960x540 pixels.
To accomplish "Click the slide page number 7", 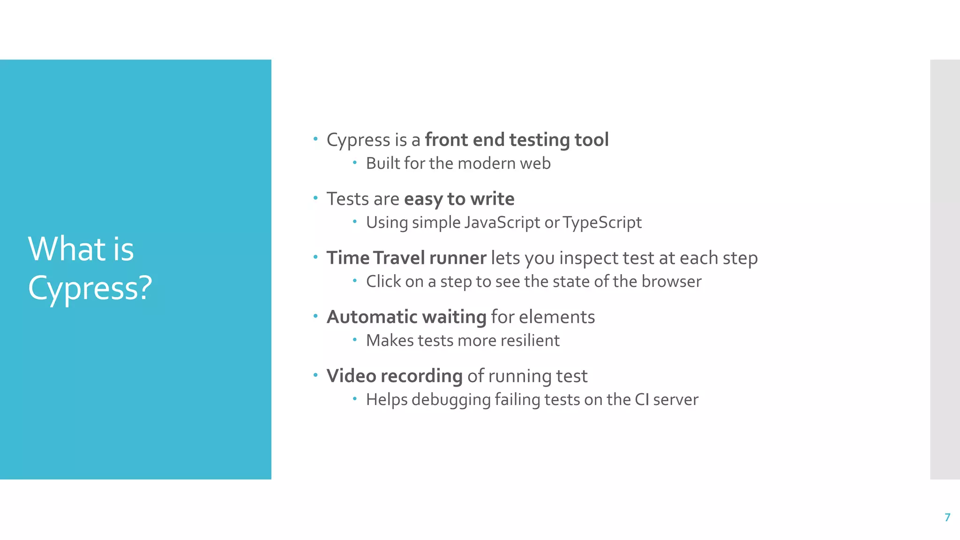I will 947,517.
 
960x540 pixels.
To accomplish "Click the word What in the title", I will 67,249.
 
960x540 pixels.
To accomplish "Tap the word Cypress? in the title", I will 90,288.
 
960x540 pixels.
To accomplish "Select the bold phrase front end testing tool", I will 517,140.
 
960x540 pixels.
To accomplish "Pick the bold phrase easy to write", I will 459,199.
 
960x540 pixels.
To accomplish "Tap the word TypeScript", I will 602,223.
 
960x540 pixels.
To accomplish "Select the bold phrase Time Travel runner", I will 406,258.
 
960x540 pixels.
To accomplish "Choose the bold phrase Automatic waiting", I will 406,317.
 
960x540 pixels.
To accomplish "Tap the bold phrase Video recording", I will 394,376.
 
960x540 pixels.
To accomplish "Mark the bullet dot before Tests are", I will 315,198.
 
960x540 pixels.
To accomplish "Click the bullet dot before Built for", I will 355,163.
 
